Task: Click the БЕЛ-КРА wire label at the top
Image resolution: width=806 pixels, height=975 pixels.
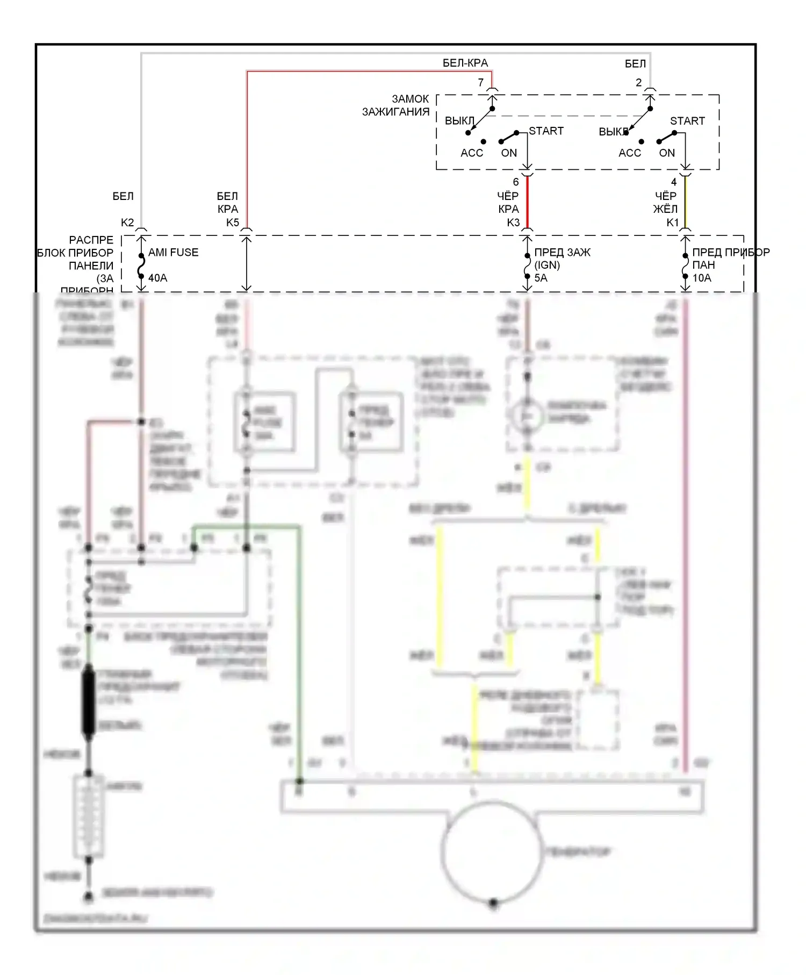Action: point(465,63)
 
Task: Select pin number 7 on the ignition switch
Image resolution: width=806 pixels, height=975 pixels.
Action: point(481,83)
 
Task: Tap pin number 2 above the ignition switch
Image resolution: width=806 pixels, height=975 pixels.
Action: point(638,83)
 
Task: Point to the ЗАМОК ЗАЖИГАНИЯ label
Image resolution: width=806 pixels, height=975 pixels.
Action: point(396,105)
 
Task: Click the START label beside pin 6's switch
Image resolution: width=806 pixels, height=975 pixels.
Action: point(546,131)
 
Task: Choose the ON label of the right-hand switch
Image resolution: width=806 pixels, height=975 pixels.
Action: point(667,153)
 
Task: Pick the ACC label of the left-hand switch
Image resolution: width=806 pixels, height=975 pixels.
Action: point(472,153)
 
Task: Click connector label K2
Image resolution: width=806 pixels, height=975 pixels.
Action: point(127,223)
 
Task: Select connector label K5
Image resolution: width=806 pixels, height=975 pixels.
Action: point(233,223)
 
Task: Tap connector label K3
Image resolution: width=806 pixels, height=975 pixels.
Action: point(513,223)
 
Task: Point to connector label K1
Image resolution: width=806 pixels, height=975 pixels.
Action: point(673,223)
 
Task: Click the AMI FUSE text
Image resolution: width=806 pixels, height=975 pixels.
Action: point(173,253)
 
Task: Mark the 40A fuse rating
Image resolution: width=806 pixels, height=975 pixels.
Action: point(157,278)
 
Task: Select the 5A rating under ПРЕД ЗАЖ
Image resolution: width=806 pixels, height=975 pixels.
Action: point(541,278)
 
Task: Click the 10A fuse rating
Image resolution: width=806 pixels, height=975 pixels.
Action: point(702,278)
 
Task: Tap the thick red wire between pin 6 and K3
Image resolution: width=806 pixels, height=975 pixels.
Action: point(527,203)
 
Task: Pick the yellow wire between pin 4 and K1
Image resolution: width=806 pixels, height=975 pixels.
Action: point(685,203)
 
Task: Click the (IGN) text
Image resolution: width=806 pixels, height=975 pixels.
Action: point(547,265)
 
